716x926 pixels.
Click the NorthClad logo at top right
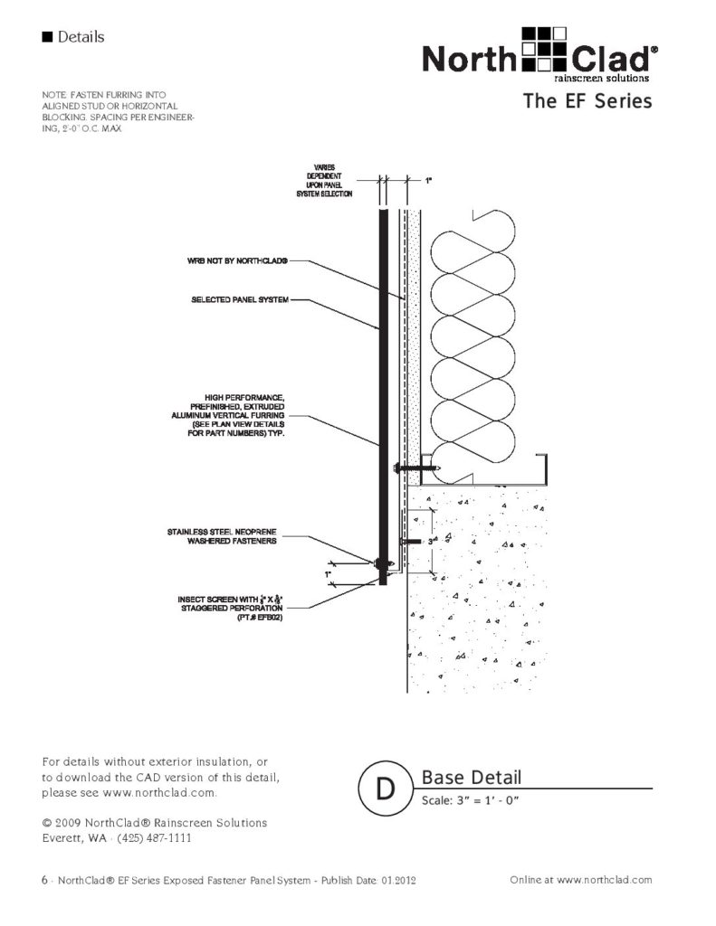click(540, 55)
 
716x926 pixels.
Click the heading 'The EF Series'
click(587, 101)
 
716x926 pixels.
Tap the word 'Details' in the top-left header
click(80, 37)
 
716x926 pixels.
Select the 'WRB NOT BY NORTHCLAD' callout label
click(238, 261)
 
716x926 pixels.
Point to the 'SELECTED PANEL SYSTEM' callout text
click(240, 299)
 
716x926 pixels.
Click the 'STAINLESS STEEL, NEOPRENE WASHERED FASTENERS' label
click(222, 536)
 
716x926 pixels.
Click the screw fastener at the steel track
click(416, 468)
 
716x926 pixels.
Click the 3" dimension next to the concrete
click(431, 541)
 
